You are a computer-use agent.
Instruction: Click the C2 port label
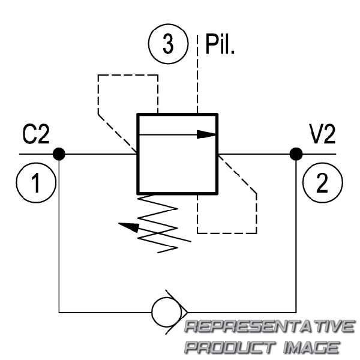pyautogui.click(x=36, y=134)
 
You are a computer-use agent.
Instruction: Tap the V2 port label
pyautogui.click(x=323, y=134)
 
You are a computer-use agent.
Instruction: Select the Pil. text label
pyautogui.click(x=220, y=44)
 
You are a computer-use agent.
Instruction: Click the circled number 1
pyautogui.click(x=36, y=183)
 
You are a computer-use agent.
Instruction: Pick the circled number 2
pyautogui.click(x=323, y=183)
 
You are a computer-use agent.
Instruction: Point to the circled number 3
pyautogui.click(x=168, y=44)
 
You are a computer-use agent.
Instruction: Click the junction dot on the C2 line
pyautogui.click(x=59, y=154)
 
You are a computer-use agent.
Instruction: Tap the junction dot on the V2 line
pyautogui.click(x=296, y=154)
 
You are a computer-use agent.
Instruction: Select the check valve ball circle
pyautogui.click(x=166, y=312)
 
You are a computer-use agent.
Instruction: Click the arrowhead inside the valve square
pyautogui.click(x=206, y=134)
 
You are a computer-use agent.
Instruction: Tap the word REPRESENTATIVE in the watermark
pyautogui.click(x=269, y=326)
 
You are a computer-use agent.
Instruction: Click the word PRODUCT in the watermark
pyautogui.click(x=230, y=347)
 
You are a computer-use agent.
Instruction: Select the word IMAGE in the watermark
pyautogui.click(x=311, y=347)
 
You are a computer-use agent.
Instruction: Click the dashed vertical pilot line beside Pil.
pyautogui.click(x=197, y=74)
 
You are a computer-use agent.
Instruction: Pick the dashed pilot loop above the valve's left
pyautogui.click(x=128, y=75)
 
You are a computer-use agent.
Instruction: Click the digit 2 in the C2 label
pyautogui.click(x=43, y=134)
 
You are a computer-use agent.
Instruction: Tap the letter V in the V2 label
pyautogui.click(x=316, y=134)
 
